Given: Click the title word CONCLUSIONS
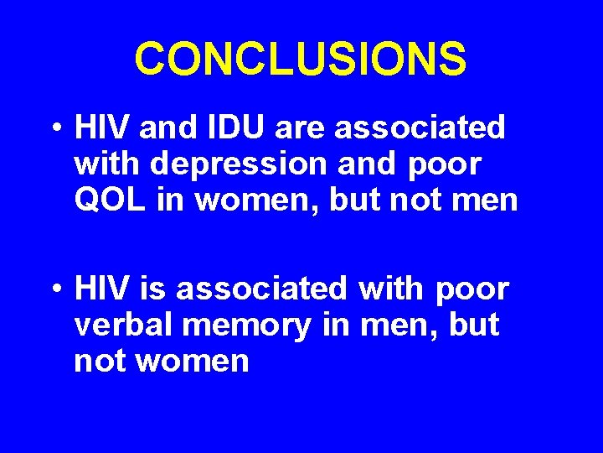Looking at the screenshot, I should (301, 60).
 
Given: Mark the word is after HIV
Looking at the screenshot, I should (152, 289).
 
